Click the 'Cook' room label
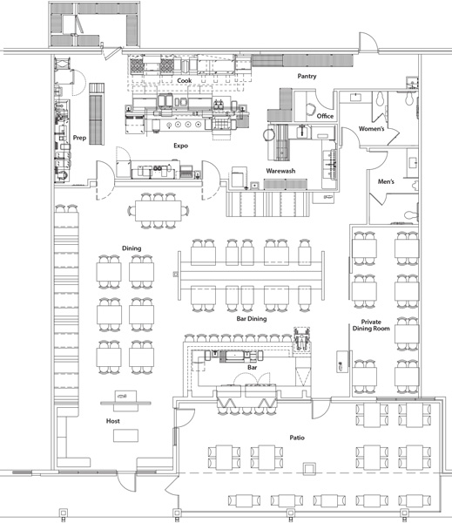click(x=184, y=80)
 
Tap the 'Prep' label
click(x=79, y=136)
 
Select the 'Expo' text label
click(x=181, y=146)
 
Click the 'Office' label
click(x=325, y=116)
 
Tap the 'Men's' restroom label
click(x=386, y=181)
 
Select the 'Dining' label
click(x=132, y=248)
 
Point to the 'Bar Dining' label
click(x=252, y=319)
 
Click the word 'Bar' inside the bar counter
click(x=252, y=368)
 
